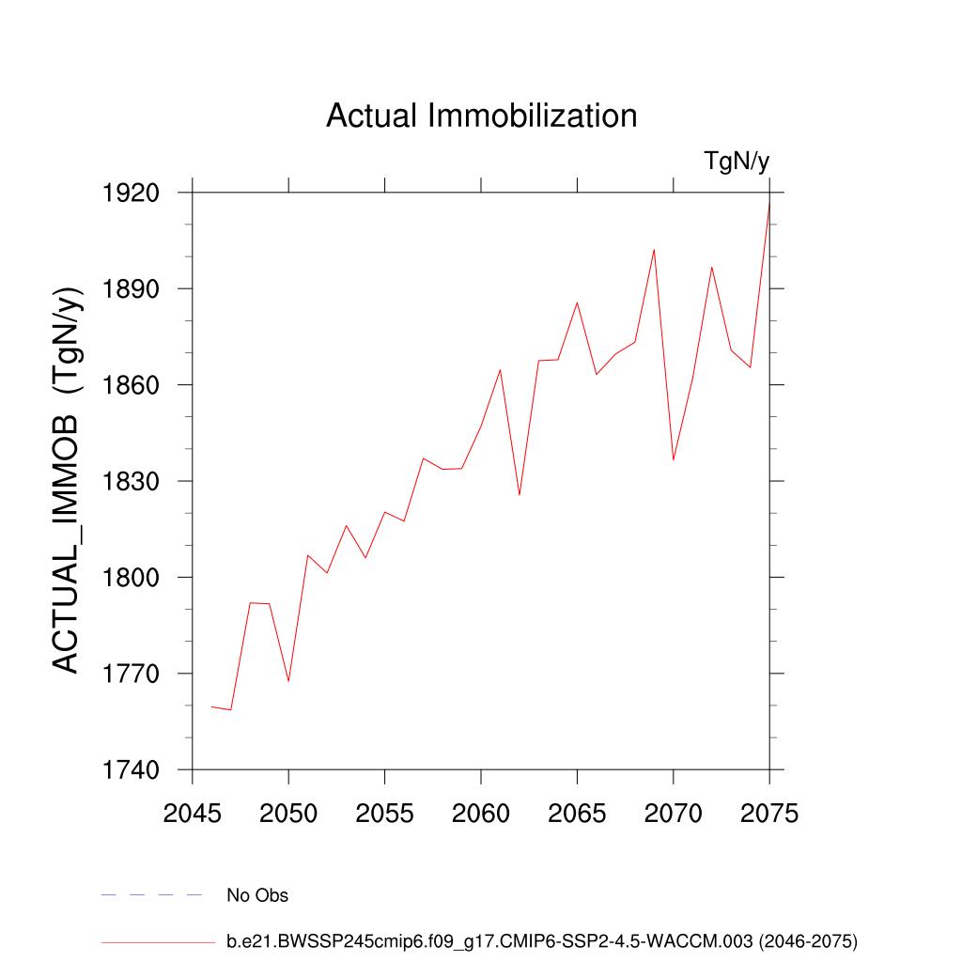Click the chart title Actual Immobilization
(481, 116)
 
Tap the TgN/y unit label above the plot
(737, 162)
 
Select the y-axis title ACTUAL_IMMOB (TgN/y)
(66, 479)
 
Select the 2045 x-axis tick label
(193, 814)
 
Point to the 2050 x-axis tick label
(288, 814)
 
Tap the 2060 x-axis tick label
(481, 814)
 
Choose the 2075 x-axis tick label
(769, 814)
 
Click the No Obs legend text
(257, 895)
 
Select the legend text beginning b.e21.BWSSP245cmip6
(542, 940)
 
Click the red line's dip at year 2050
(288, 681)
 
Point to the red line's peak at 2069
(654, 249)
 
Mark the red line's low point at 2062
(520, 495)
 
